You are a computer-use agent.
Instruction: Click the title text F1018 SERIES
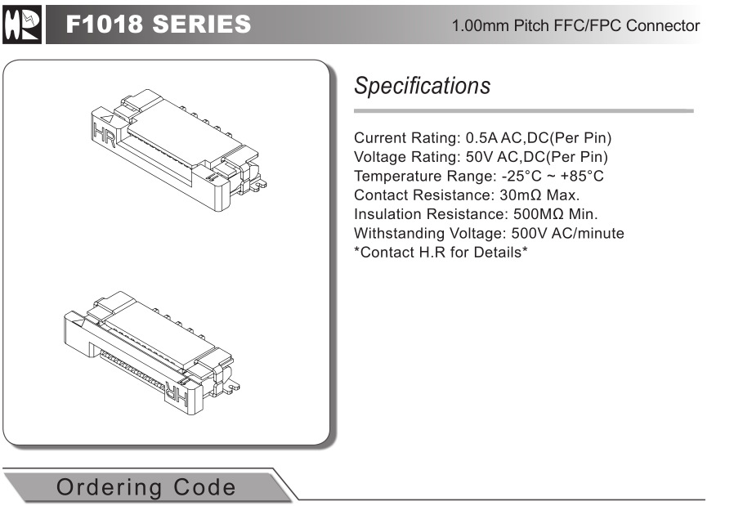tap(159, 25)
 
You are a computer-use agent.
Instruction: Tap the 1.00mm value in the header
tap(481, 25)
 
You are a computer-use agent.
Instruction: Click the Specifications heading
tap(422, 86)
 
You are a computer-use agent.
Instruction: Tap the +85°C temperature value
tap(582, 176)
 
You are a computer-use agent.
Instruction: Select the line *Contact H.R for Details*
tap(441, 253)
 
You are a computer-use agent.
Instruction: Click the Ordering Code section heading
tap(145, 487)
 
